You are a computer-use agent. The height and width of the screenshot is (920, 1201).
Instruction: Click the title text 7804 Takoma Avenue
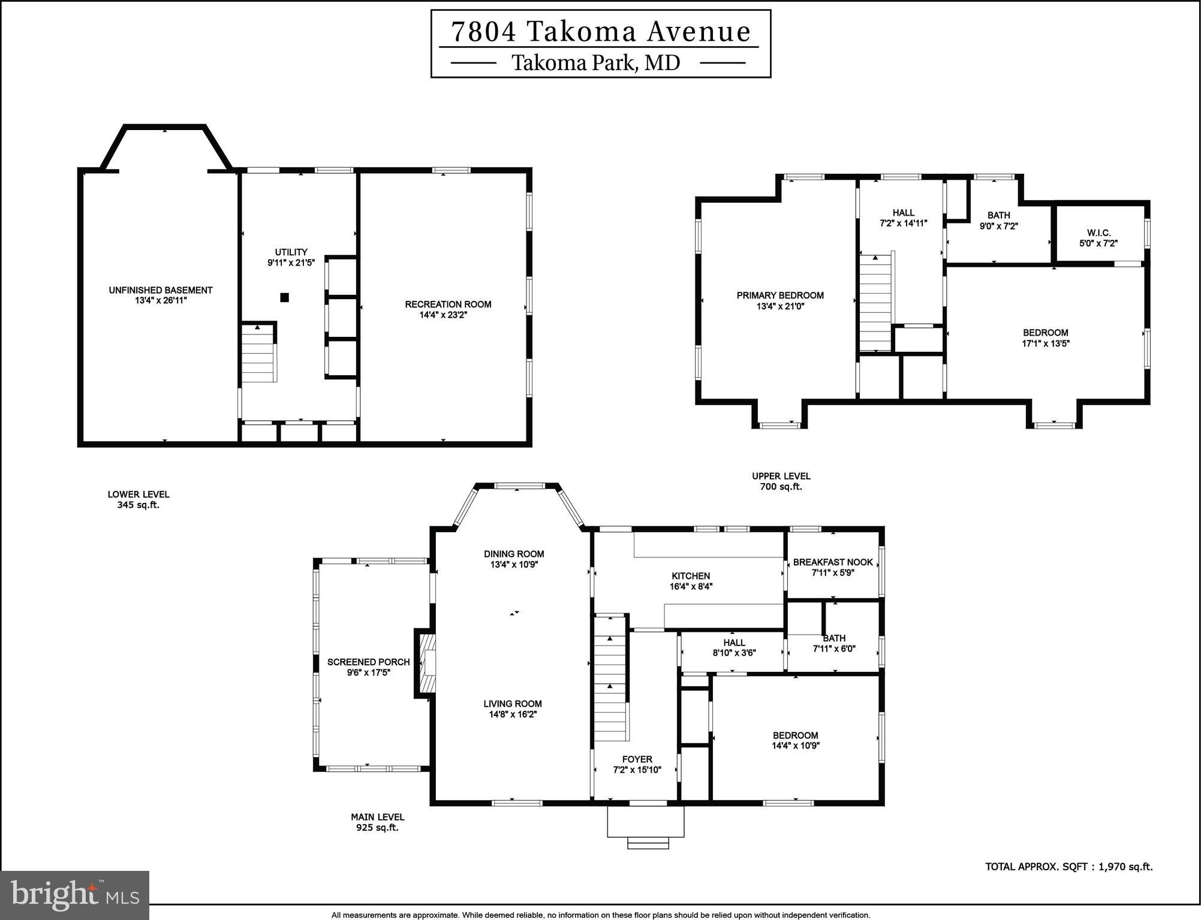click(600, 32)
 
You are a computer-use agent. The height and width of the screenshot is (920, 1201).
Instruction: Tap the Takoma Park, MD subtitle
click(595, 62)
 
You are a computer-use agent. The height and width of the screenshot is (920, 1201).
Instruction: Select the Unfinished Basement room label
click(161, 290)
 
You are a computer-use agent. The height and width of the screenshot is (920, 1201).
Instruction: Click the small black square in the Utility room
click(285, 297)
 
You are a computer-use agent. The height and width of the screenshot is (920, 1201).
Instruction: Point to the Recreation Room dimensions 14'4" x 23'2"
click(443, 315)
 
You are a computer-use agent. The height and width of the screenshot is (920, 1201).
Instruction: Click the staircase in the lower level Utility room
click(258, 355)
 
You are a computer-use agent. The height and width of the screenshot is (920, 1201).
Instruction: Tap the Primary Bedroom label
click(780, 295)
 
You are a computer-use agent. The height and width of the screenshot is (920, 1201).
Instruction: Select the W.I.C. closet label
click(1098, 233)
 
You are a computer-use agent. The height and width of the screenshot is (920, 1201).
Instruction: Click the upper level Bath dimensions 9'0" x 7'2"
click(998, 226)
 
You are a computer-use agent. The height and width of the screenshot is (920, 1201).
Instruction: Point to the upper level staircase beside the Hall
click(875, 303)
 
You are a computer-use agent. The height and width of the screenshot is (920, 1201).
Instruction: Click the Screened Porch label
click(368, 662)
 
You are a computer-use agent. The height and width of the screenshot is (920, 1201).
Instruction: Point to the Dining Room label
click(514, 554)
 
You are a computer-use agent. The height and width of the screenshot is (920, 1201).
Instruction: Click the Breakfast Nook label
click(833, 562)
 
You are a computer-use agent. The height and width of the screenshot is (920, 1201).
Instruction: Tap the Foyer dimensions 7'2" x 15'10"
click(637, 770)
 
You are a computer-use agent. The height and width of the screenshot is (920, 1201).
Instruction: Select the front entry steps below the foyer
click(648, 843)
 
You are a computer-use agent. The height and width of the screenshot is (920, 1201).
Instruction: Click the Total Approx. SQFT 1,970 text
click(1068, 867)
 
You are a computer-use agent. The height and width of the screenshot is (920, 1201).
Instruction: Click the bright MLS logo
click(74, 895)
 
